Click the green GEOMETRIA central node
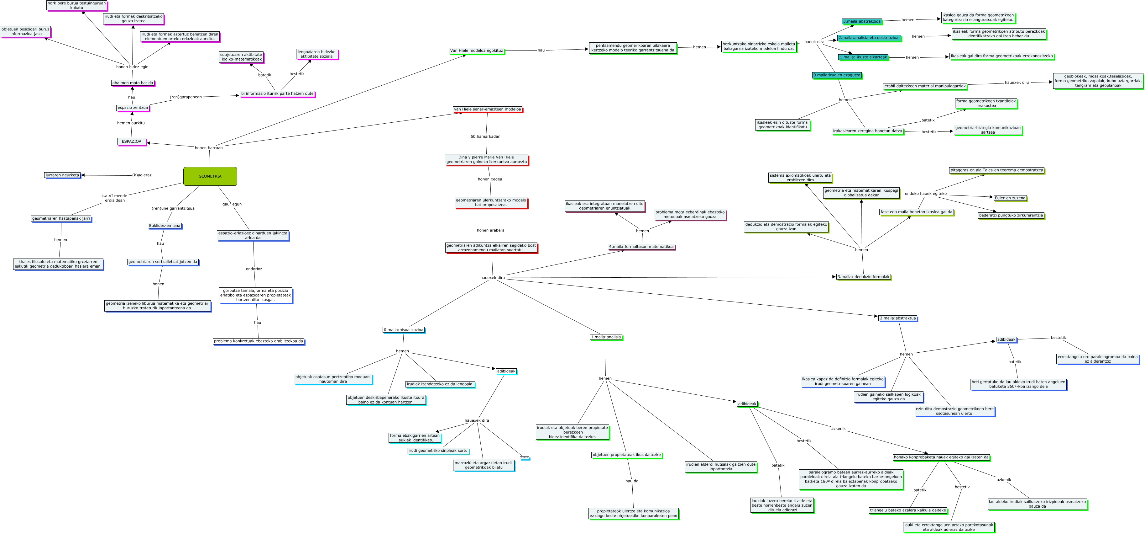[x=210, y=176]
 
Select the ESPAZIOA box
[x=132, y=142]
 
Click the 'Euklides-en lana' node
[x=165, y=226]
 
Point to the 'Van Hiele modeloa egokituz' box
[x=477, y=51]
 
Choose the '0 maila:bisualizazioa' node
[x=404, y=330]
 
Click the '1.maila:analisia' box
[x=606, y=337]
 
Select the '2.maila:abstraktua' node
[x=897, y=318]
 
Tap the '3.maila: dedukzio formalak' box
[x=863, y=277]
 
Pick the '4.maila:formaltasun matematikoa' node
[x=641, y=247]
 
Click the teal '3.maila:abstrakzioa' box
[x=861, y=21]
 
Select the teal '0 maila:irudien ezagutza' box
[x=837, y=75]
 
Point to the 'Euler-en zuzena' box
[x=1010, y=198]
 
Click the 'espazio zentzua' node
[x=133, y=108]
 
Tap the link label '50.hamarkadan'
[x=485, y=136]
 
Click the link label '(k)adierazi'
[x=142, y=175]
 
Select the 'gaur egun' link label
[x=232, y=204]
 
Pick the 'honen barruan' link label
[x=208, y=148]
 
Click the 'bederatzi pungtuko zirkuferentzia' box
[x=1011, y=215]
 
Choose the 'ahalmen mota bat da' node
[x=133, y=83]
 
